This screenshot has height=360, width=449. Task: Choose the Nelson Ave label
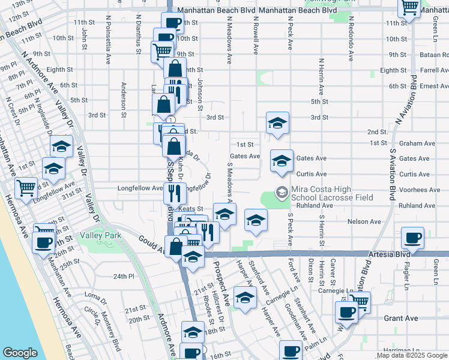coord(367,221)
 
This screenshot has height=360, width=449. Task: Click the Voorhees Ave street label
coord(419,190)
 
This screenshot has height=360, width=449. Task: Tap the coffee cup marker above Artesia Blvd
coord(414,238)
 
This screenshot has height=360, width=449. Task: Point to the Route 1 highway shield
coord(171,119)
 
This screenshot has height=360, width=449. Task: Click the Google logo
coord(20,353)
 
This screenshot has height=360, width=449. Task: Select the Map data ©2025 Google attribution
coord(412,356)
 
